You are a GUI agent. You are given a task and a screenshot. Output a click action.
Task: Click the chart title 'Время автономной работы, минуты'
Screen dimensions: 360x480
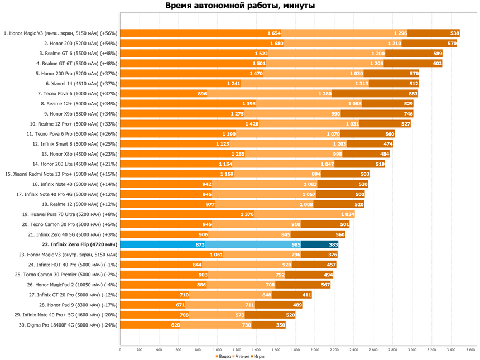240,6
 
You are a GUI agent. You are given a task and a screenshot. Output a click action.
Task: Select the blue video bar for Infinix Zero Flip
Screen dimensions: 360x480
162,244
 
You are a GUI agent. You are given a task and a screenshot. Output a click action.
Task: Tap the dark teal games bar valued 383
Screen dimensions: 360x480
320,244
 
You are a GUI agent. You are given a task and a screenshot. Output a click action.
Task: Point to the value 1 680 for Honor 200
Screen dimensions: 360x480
276,44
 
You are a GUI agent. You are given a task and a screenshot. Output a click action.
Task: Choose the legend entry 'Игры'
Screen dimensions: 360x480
259,356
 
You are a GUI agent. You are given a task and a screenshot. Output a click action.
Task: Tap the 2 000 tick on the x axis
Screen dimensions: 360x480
315,350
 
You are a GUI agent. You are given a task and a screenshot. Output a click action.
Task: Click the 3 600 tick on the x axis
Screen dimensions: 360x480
470,350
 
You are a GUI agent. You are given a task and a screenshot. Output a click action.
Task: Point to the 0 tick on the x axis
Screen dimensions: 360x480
121,350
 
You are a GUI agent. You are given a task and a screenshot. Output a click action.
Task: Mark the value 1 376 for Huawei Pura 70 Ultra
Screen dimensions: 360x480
247,214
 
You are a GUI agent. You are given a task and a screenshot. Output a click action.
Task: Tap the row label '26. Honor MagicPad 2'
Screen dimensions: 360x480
73,285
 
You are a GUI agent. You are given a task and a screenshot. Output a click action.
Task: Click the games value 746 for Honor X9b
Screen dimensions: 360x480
408,114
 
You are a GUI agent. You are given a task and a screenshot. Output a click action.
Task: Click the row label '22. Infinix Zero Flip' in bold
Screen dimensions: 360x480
79,244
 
